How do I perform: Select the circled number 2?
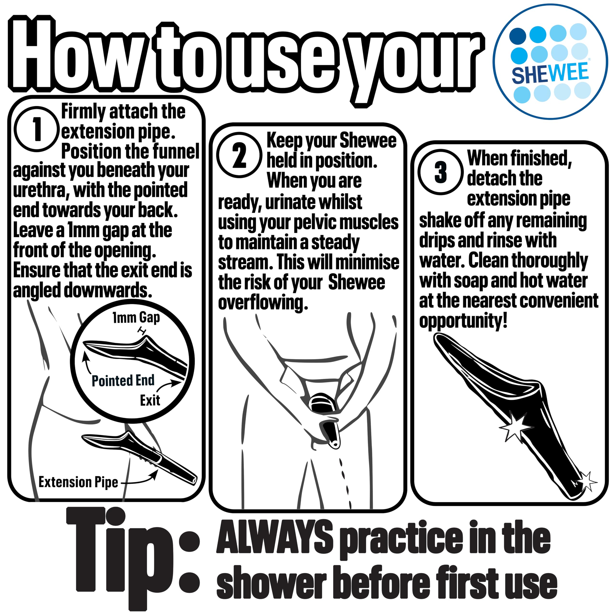(x=239, y=155)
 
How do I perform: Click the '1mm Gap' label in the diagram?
(x=136, y=318)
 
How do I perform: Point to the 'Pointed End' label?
(x=123, y=380)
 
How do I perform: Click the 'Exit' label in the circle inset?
(x=150, y=400)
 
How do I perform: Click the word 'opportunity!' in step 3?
(x=463, y=321)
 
